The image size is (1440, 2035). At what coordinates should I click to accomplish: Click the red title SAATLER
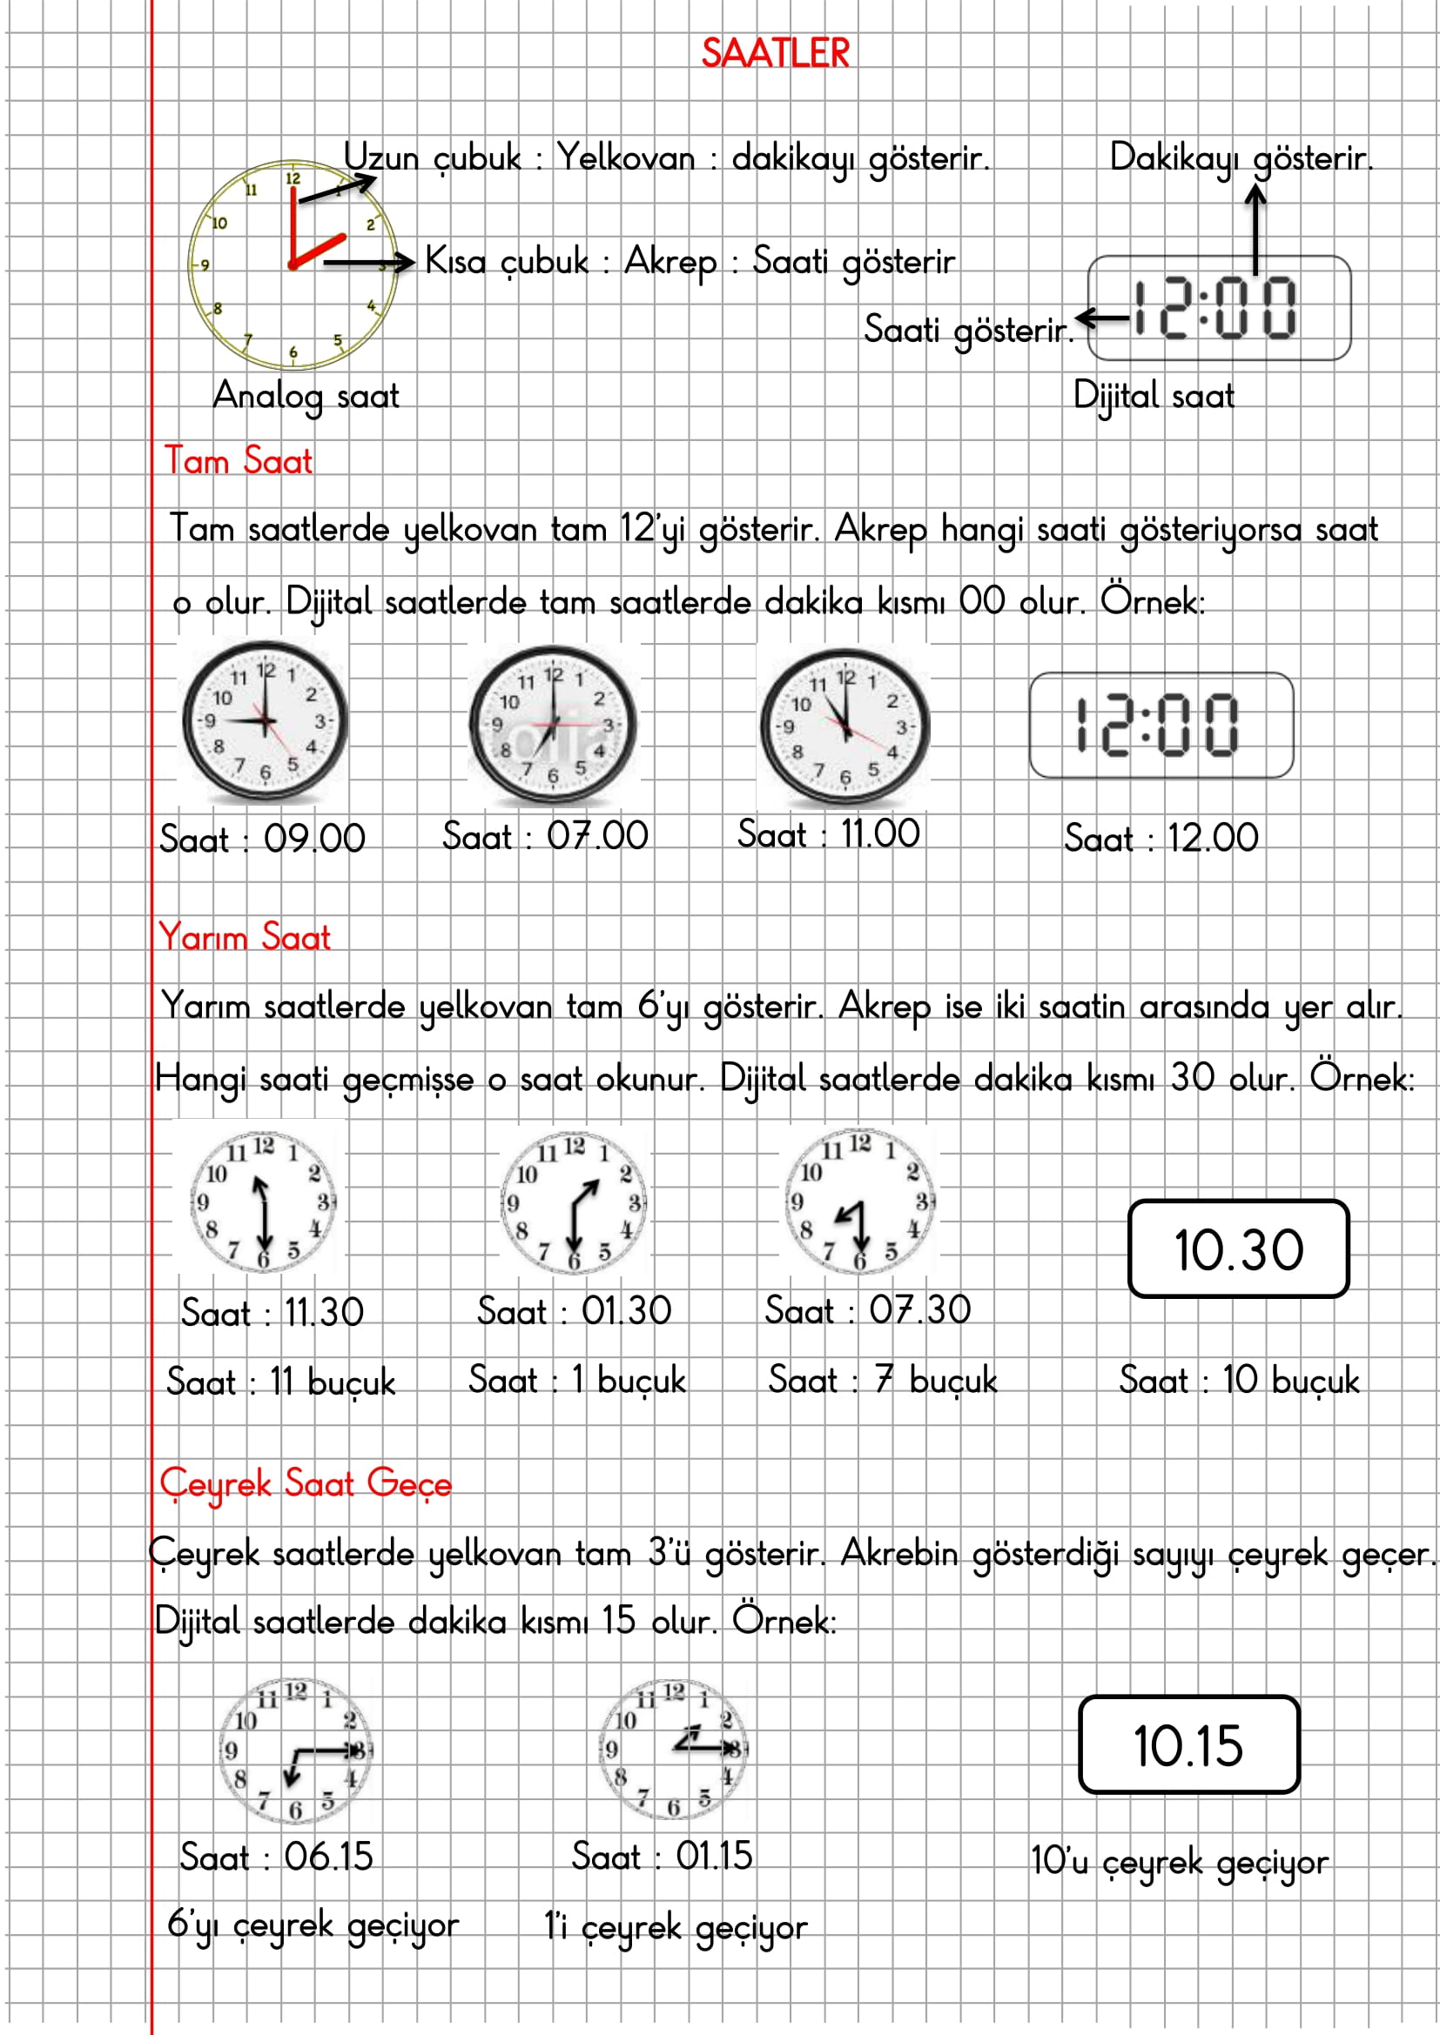click(775, 53)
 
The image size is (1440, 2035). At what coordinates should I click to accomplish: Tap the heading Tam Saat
click(239, 461)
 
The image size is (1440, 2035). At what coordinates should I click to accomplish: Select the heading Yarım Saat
click(245, 937)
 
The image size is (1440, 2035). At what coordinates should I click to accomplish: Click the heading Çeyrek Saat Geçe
click(306, 1483)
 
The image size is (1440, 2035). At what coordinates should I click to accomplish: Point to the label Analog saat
click(306, 395)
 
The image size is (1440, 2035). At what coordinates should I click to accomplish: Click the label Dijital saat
click(1153, 395)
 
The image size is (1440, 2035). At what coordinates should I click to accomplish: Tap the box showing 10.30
click(1238, 1248)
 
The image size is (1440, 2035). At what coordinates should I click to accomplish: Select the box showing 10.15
click(1188, 1745)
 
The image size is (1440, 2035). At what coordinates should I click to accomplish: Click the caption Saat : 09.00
click(262, 839)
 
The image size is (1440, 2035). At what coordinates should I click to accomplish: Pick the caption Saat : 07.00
click(545, 836)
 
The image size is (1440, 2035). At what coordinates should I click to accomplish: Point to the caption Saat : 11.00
click(828, 834)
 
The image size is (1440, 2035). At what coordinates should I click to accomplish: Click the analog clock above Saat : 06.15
click(296, 1751)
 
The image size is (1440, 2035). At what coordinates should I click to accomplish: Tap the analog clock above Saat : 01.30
click(575, 1201)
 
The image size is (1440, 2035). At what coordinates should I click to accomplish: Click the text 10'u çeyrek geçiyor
click(1179, 1862)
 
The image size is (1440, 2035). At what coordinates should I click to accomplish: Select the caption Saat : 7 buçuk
click(882, 1380)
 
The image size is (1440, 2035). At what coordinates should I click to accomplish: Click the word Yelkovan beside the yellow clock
click(626, 158)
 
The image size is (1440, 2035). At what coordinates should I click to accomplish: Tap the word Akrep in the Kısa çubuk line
click(670, 262)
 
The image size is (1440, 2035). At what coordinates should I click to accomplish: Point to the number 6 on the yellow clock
click(293, 352)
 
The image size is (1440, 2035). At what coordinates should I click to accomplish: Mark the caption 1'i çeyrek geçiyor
click(676, 1927)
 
